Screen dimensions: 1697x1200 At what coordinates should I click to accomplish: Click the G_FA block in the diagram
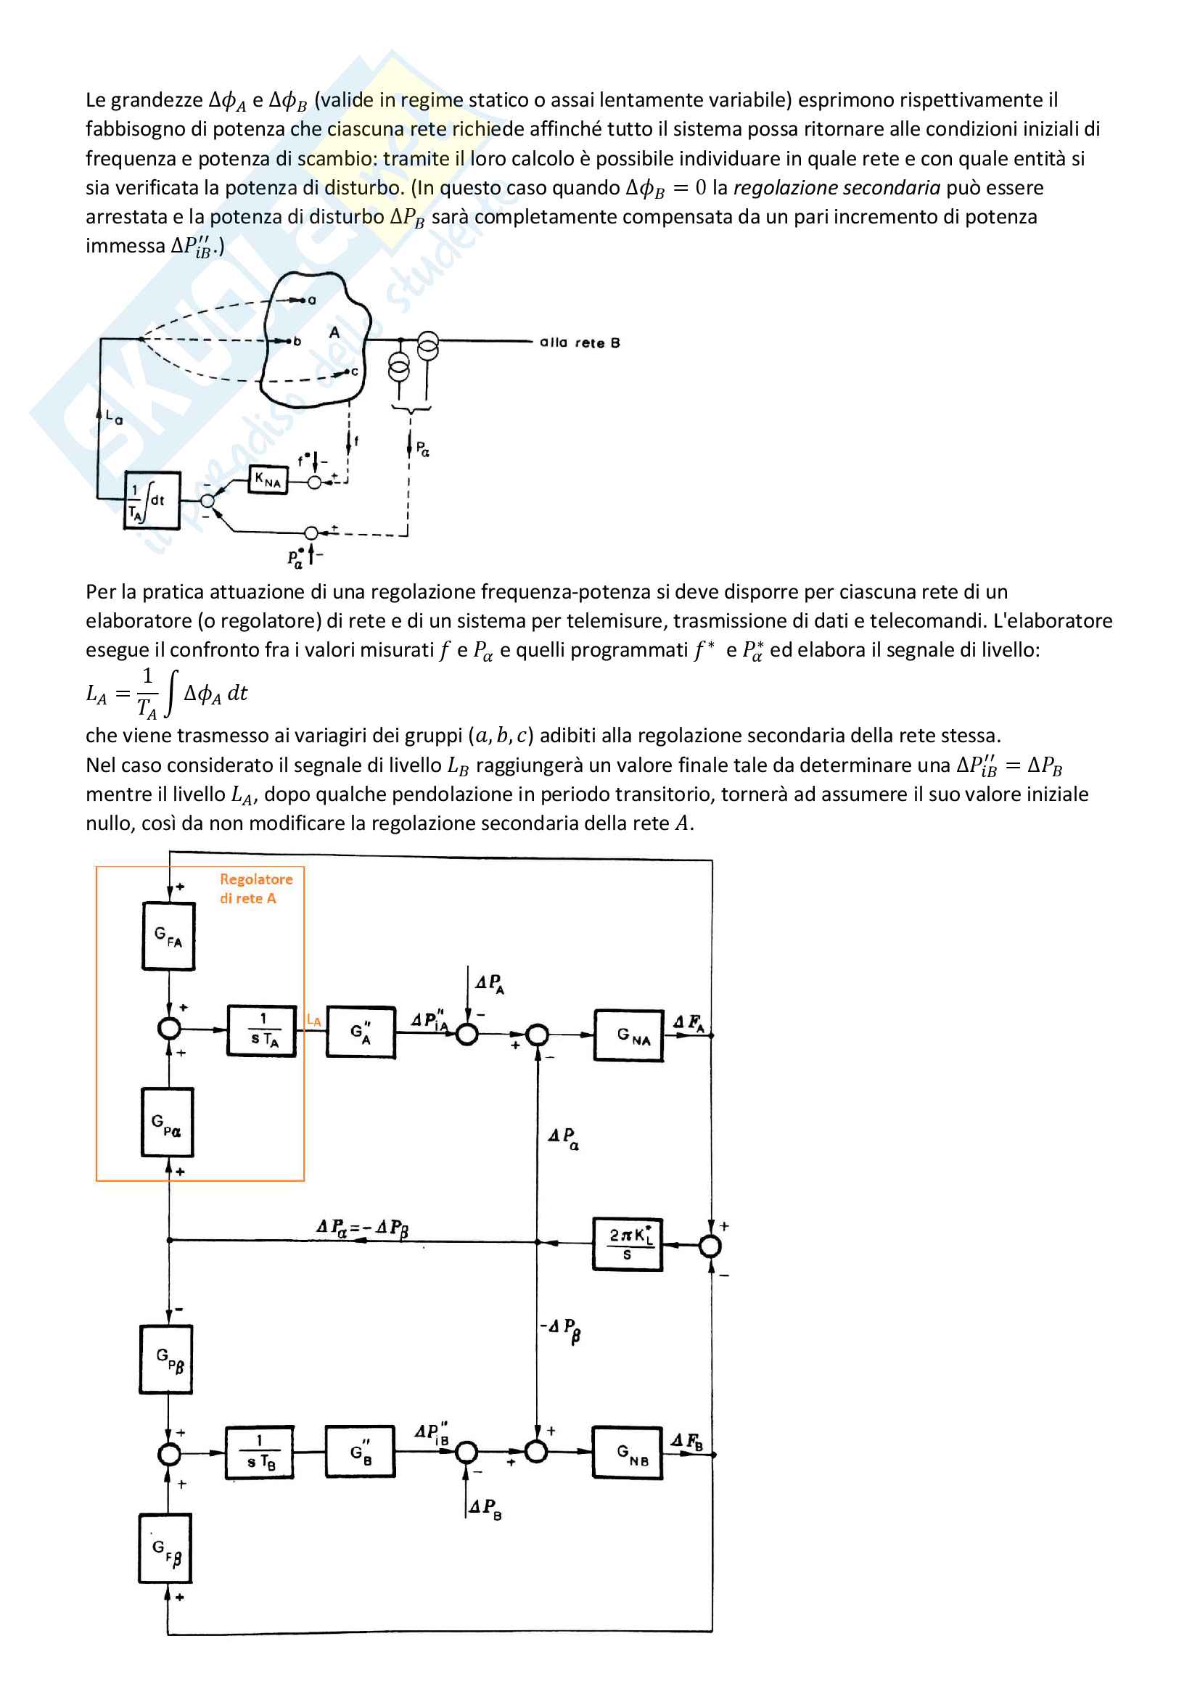point(168,936)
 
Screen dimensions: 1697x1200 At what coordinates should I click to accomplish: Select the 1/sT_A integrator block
point(262,1030)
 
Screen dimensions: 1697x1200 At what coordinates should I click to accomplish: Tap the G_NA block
point(629,1035)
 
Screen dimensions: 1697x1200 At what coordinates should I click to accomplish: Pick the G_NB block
point(628,1452)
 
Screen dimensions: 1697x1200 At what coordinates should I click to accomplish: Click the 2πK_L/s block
point(628,1245)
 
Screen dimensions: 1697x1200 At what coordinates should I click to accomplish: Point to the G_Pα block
point(168,1122)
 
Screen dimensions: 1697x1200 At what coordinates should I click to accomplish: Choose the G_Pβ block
point(166,1359)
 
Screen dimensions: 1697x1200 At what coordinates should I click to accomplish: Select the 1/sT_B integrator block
point(259,1452)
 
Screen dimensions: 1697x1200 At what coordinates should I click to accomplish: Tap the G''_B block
point(361,1452)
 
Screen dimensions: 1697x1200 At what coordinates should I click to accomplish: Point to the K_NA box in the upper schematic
point(268,480)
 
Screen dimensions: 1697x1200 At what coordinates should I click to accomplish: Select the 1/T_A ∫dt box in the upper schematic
point(152,501)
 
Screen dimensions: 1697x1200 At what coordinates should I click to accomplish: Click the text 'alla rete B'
point(579,342)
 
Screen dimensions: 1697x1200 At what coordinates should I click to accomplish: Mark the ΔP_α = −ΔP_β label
point(362,1228)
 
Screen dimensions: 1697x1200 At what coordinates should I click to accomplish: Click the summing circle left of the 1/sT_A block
point(170,1028)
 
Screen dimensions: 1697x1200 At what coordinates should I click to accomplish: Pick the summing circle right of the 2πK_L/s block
point(710,1246)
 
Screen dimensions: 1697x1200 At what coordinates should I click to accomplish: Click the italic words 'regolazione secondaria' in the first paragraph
point(837,188)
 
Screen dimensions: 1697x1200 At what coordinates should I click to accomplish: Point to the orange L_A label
point(314,1020)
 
